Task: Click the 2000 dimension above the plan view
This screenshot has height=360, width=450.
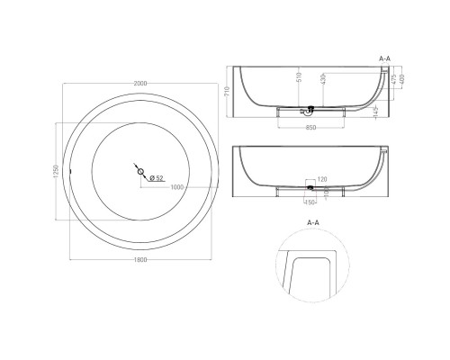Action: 139,84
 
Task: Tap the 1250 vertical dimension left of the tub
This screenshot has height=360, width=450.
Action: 57,171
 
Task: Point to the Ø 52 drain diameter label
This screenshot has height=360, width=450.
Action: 155,177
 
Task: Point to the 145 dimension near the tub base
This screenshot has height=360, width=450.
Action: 373,110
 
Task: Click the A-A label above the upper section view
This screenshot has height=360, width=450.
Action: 385,58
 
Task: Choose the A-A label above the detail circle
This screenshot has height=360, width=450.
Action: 311,218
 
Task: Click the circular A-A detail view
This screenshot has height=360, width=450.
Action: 311,265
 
